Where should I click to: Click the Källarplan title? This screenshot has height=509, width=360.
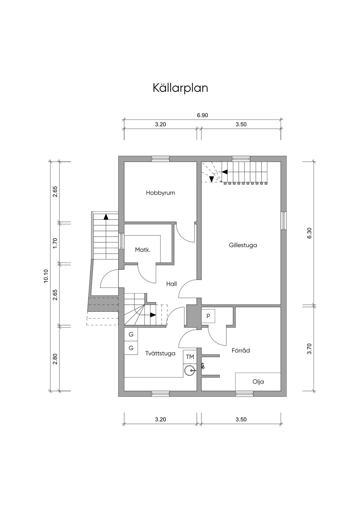(x=180, y=88)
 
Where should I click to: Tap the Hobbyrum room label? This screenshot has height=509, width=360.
(x=160, y=193)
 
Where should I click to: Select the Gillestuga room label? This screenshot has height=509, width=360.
(x=243, y=245)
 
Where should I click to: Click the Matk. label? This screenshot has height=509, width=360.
(x=143, y=250)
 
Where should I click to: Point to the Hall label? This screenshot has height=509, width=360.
(x=172, y=284)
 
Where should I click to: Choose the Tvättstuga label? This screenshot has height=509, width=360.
(x=160, y=353)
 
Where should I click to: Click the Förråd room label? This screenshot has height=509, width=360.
(x=241, y=350)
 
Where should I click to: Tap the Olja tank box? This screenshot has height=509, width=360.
(x=258, y=381)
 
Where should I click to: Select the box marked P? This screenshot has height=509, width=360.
(x=208, y=316)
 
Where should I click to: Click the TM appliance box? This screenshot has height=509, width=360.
(x=190, y=357)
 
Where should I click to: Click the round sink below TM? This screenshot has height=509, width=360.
(x=190, y=370)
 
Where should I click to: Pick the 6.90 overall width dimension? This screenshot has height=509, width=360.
(x=202, y=115)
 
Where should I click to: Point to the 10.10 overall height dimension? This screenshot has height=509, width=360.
(x=45, y=276)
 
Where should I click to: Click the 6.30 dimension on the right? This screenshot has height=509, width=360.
(x=309, y=233)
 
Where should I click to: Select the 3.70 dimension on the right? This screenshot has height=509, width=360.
(x=309, y=349)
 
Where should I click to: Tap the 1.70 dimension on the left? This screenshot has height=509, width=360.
(x=55, y=243)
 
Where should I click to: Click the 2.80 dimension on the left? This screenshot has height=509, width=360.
(x=55, y=359)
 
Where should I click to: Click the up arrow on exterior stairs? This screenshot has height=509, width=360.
(x=105, y=217)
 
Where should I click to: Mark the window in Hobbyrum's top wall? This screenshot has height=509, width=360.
(x=160, y=159)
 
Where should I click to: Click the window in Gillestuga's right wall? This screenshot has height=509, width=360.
(x=284, y=221)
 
